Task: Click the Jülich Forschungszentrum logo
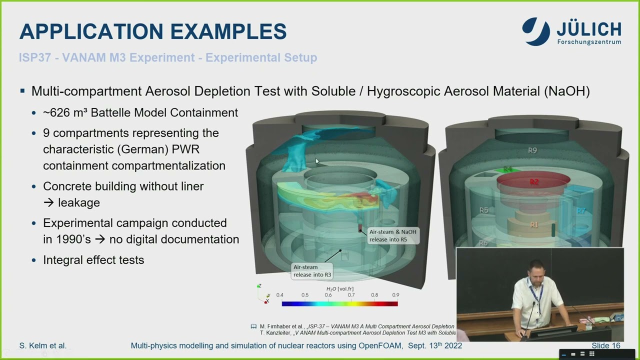click(571, 31)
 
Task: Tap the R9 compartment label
click(532, 150)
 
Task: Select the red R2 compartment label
click(534, 182)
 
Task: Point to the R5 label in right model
click(483, 210)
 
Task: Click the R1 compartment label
click(534, 224)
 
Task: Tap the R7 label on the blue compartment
click(581, 211)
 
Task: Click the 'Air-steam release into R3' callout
click(312, 271)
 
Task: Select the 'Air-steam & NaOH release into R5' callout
click(392, 235)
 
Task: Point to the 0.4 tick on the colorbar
click(279, 295)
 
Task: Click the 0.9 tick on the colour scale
click(395, 295)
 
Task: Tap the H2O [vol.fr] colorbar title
click(339, 289)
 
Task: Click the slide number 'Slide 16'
click(605, 345)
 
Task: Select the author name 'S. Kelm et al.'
click(42, 345)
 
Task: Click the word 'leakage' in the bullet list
click(79, 202)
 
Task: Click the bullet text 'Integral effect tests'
click(93, 260)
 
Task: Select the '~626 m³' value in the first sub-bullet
click(62, 112)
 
